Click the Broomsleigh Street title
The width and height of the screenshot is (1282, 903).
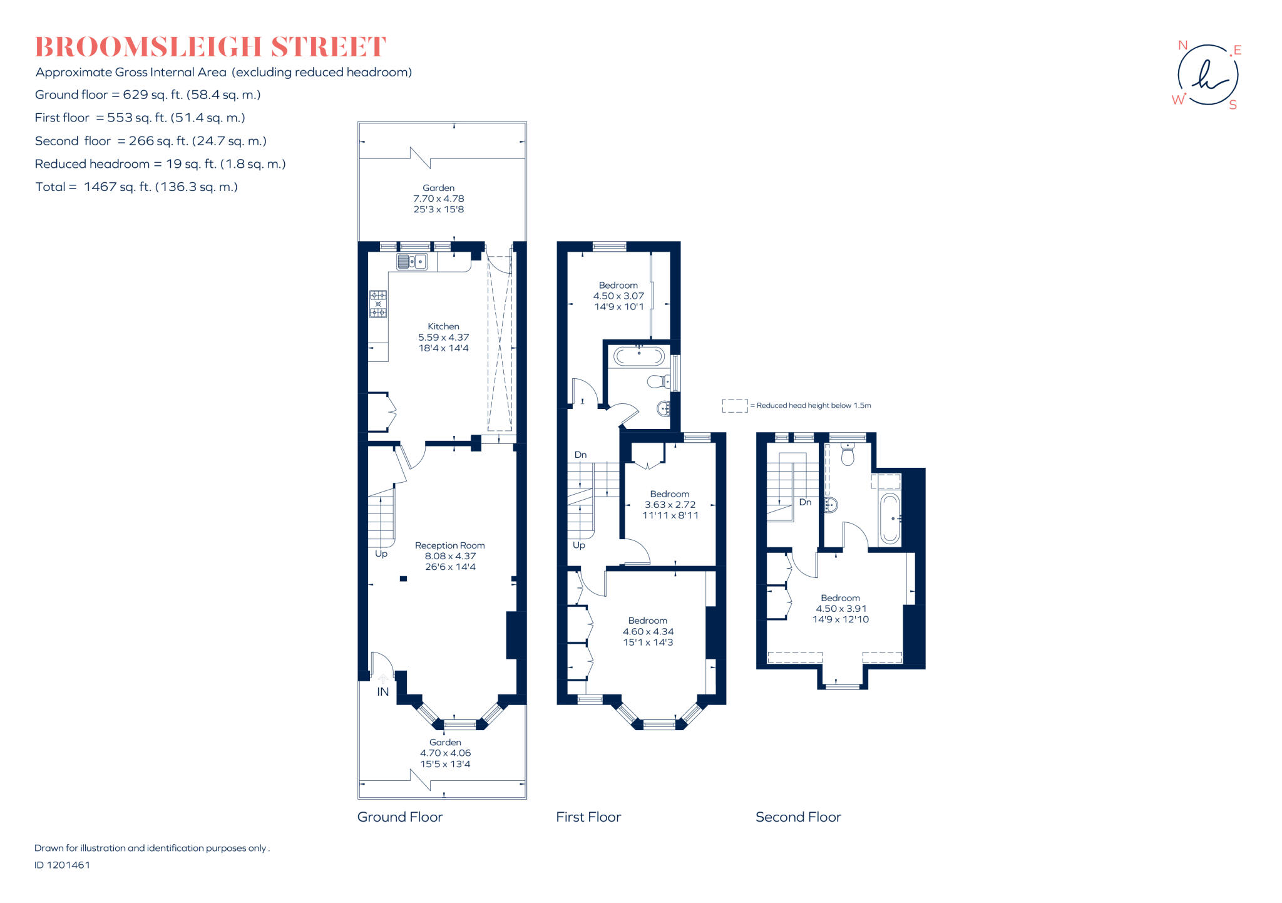(210, 48)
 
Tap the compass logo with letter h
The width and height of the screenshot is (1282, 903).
(1207, 75)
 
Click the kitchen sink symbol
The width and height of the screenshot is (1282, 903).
(411, 261)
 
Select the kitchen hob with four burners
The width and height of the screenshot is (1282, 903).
(378, 304)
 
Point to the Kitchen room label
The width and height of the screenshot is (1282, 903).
(443, 326)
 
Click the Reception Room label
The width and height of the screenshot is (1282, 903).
(449, 545)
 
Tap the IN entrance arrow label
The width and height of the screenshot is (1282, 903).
(382, 691)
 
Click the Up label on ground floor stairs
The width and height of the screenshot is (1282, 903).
(381, 554)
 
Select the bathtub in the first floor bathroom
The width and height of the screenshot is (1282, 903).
(638, 356)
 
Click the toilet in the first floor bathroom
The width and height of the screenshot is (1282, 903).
(657, 381)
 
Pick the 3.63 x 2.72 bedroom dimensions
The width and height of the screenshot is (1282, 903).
(670, 505)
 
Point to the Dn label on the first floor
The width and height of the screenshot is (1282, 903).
(580, 455)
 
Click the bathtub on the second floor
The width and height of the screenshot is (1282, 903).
(890, 519)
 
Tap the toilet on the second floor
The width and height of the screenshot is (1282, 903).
(848, 455)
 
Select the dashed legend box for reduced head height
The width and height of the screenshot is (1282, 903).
(734, 406)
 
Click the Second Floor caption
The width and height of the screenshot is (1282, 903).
(798, 817)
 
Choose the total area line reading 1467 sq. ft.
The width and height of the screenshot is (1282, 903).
(136, 187)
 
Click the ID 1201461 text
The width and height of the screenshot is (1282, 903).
(62, 865)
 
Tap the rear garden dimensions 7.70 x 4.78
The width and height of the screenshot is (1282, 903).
(438, 199)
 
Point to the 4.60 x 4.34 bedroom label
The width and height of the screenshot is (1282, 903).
(648, 631)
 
